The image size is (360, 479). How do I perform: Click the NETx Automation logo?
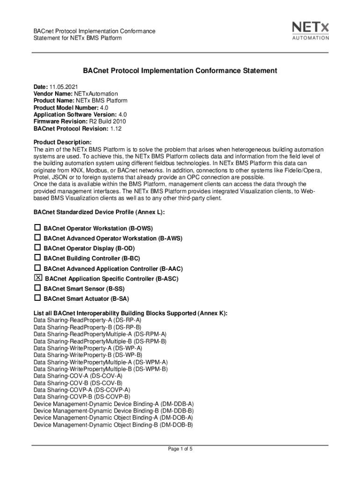(x=310, y=30)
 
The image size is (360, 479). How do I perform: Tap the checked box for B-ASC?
(x=38, y=278)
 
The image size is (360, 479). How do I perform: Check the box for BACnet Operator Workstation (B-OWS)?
(x=37, y=228)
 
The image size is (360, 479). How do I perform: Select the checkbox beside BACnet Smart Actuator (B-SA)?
(x=37, y=298)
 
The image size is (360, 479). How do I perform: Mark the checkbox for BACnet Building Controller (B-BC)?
(x=37, y=258)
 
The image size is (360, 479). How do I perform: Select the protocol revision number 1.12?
(x=116, y=128)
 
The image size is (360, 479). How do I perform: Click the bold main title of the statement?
(x=180, y=71)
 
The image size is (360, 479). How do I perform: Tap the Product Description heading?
(x=63, y=142)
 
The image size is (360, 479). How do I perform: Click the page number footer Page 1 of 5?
(x=180, y=449)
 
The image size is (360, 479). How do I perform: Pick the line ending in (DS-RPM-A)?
(x=100, y=334)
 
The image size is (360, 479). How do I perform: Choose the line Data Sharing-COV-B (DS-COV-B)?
(x=78, y=383)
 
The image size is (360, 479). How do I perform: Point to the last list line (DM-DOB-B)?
(x=113, y=425)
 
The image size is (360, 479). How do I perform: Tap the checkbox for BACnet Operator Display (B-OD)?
(x=37, y=248)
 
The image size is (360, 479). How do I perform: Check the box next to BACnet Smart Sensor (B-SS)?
(x=37, y=288)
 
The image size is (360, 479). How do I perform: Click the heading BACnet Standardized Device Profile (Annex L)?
(x=99, y=212)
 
